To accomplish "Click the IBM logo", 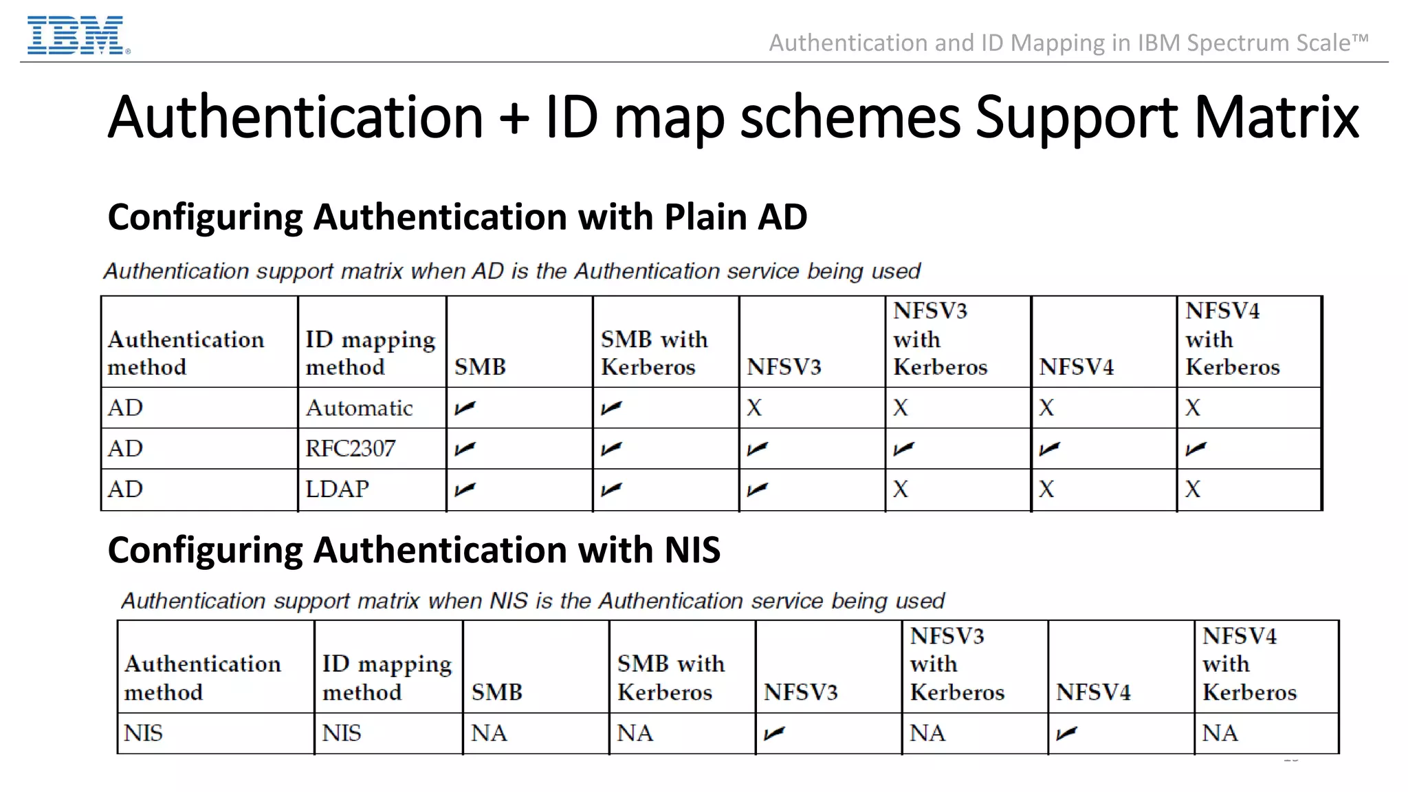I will [x=77, y=36].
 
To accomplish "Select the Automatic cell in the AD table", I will [x=359, y=408].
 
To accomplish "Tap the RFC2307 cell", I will [x=350, y=449].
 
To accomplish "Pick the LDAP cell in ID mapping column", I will [x=337, y=489].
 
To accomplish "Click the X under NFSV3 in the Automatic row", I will [x=754, y=408].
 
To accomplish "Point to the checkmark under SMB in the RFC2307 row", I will [x=465, y=449].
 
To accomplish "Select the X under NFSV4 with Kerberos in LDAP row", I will [x=1193, y=489].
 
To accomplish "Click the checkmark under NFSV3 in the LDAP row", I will [x=757, y=489].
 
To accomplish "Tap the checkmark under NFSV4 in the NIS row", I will [x=1066, y=734].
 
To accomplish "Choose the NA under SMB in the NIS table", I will [x=489, y=734].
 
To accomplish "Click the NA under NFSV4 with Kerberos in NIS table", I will [x=1220, y=734].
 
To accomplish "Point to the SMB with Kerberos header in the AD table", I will [x=654, y=353].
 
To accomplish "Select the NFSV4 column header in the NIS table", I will [x=1093, y=692].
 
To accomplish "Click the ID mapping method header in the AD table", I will [x=370, y=353].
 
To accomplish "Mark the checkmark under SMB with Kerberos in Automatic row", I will [x=611, y=408].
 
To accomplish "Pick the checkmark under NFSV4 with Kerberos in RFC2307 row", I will [x=1196, y=449].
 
